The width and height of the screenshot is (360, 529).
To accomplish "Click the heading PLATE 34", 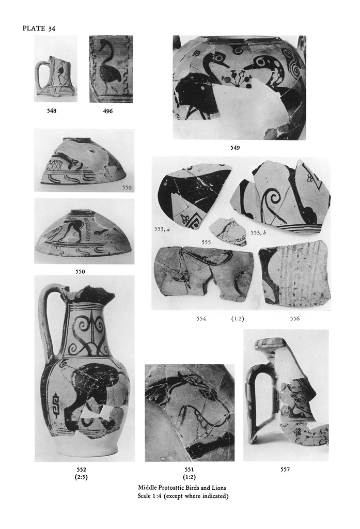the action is pyautogui.click(x=39, y=28).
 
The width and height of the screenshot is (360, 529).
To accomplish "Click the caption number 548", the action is pyautogui.click(x=52, y=111).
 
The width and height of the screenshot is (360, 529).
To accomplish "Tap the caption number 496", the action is pyautogui.click(x=107, y=111).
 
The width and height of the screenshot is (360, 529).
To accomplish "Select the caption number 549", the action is pyautogui.click(x=235, y=148).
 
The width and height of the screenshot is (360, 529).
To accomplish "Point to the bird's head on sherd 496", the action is pyautogui.click(x=105, y=43).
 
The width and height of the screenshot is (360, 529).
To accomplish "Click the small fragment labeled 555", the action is pyautogui.click(x=227, y=231).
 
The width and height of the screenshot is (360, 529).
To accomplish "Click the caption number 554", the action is pyautogui.click(x=201, y=318).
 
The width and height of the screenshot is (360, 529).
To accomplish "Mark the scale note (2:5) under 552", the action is pyautogui.click(x=81, y=477).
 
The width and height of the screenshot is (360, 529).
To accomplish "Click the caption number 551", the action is pyautogui.click(x=189, y=469).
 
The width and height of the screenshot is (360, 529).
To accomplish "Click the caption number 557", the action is pyautogui.click(x=285, y=469).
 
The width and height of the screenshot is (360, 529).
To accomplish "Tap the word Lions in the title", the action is pyautogui.click(x=218, y=488).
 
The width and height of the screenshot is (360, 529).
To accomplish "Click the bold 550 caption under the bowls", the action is pyautogui.click(x=80, y=272).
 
